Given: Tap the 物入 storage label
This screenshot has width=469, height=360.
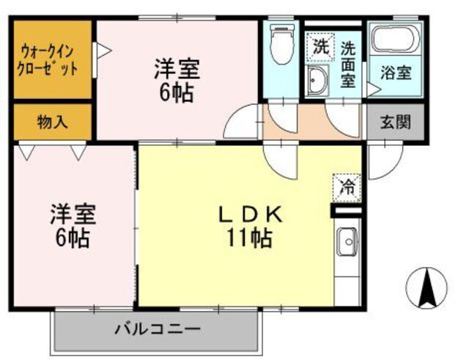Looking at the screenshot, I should coord(52,122).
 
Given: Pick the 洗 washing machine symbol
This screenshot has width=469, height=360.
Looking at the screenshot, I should coord(320,48).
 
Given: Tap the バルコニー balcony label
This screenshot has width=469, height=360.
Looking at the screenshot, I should coord(156,328).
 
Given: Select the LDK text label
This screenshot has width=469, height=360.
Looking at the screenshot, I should coord(250,214).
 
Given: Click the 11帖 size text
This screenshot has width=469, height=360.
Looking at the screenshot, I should coord(250,238).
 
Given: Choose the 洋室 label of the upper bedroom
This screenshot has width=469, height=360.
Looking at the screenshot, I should coord(177,70).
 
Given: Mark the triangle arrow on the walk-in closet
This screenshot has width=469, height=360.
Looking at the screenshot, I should coord(103,51).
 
